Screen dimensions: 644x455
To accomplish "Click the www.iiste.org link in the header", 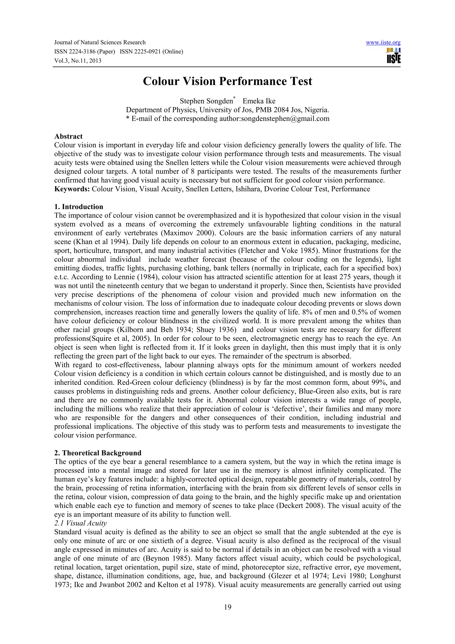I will [x=383, y=43].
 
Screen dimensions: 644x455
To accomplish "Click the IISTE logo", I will [x=394, y=56].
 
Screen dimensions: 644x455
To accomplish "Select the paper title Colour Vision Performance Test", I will [x=227, y=81].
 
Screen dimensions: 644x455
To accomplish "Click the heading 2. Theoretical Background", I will [x=98, y=453].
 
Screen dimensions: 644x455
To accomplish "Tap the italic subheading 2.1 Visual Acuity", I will [x=80, y=523].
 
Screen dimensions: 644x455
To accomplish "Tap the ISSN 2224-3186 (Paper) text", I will [x=85, y=52].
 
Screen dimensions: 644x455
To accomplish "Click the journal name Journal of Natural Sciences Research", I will [x=100, y=43].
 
